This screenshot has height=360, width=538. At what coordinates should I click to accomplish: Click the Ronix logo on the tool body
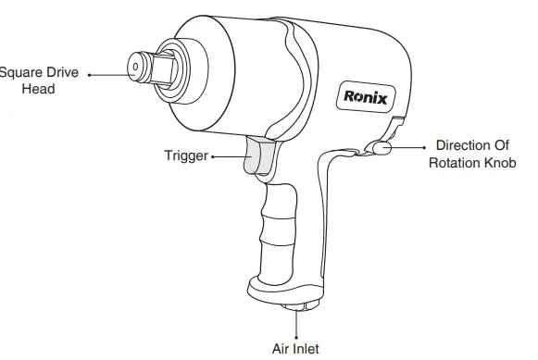(x=366, y=97)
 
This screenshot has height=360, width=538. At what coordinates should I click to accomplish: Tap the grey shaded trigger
(x=259, y=155)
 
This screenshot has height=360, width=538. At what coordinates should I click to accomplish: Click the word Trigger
(x=186, y=155)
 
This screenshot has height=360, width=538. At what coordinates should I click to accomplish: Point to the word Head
(x=39, y=89)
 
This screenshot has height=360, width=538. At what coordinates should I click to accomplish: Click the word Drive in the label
(x=62, y=72)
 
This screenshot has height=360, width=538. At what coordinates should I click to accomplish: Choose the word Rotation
(x=455, y=163)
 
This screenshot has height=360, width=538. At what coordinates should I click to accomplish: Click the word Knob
(x=500, y=163)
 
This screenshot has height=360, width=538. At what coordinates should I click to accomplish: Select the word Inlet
(x=306, y=349)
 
